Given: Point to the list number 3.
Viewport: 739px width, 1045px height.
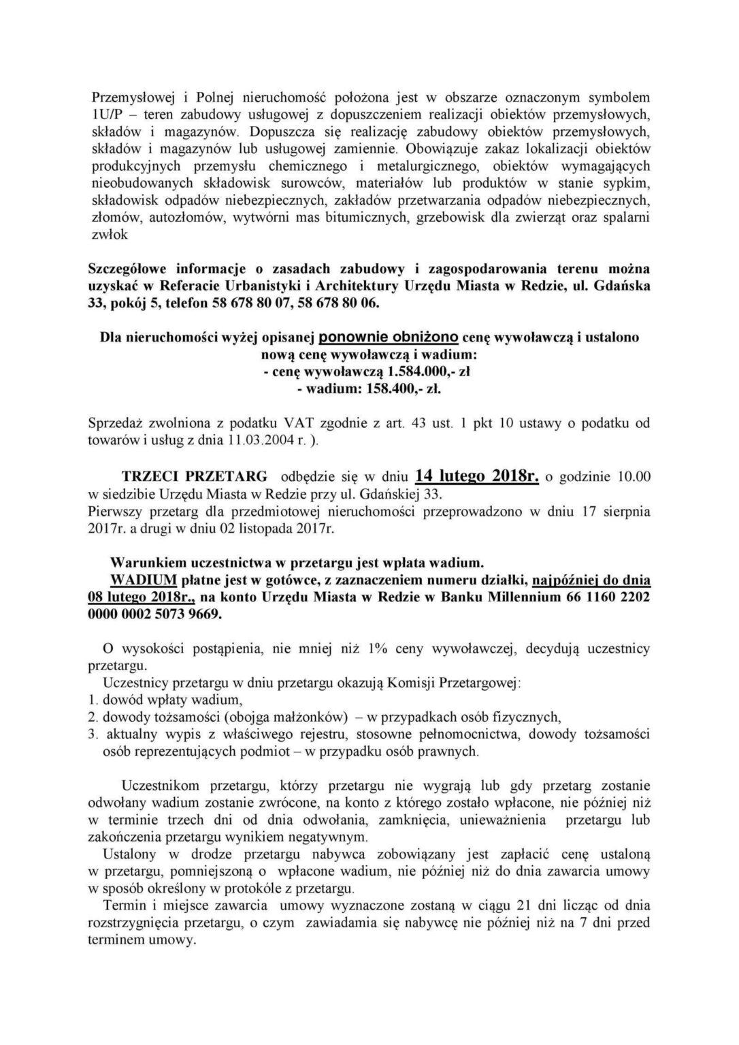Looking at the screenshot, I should click(94, 735).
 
